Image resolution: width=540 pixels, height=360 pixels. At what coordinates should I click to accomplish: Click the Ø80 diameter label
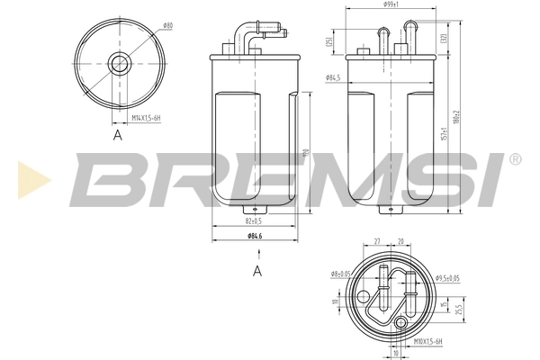click(x=166, y=26)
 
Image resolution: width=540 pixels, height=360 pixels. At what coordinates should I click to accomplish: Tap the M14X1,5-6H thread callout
click(x=147, y=117)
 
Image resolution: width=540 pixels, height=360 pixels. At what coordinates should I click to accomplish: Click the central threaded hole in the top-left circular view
click(x=120, y=62)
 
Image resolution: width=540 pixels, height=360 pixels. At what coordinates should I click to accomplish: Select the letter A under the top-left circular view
click(x=117, y=135)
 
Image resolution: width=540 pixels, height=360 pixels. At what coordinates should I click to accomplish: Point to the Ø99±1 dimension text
click(x=391, y=5)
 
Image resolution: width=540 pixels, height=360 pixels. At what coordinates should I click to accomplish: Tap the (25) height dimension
click(x=331, y=42)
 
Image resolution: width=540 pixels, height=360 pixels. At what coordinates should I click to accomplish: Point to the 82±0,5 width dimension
click(x=253, y=220)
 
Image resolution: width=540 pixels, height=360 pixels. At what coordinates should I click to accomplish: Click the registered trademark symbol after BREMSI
click(x=515, y=158)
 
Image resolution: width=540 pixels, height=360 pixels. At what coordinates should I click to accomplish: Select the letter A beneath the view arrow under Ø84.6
click(x=257, y=270)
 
